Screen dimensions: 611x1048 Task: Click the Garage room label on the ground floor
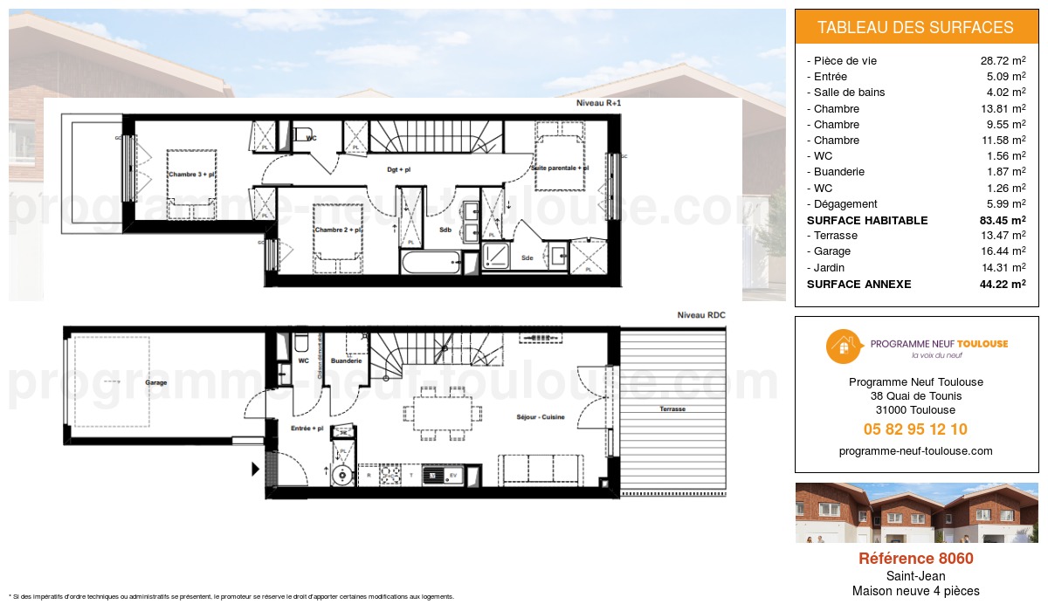[156, 382]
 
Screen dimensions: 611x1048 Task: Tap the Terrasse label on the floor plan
[672, 408]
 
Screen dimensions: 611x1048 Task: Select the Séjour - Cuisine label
[541, 417]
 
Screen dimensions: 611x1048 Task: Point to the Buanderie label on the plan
[347, 360]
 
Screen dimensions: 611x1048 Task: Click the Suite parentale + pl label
[560, 168]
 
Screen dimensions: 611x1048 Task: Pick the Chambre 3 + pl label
[191, 175]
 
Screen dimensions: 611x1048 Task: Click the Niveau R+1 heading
[597, 103]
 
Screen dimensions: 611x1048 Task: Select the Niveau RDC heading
[701, 314]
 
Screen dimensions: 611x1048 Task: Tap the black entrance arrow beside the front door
[255, 470]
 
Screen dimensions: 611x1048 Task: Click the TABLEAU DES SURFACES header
[916, 27]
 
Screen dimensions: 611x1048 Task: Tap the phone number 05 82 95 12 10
[915, 429]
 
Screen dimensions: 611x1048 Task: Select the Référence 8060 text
[915, 559]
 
